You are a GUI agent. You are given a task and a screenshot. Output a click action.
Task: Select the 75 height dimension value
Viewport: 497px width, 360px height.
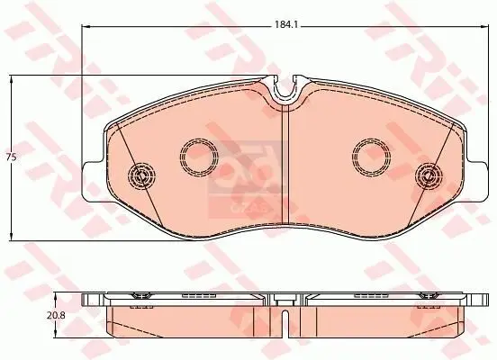pyautogui.click(x=12, y=158)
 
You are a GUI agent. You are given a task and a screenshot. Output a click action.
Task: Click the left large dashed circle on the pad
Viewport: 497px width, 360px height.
pyautogui.click(x=199, y=157)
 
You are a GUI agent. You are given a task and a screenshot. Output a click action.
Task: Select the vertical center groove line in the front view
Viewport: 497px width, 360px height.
pyautogui.click(x=285, y=162)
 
